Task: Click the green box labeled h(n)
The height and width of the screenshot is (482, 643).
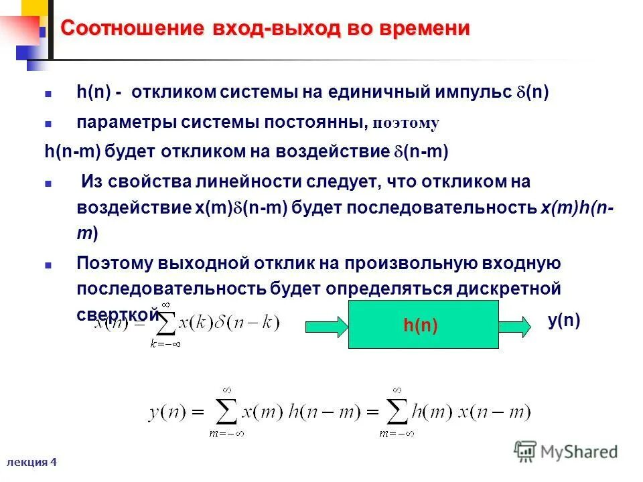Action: [x=423, y=325]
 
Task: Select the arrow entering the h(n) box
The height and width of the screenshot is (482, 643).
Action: [x=326, y=326]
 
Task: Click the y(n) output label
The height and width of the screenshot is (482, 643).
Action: [x=563, y=321]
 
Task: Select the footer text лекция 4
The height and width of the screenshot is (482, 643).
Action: [x=31, y=462]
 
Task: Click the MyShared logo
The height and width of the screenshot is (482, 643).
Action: [x=566, y=451]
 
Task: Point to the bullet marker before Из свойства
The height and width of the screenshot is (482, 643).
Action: [x=48, y=182]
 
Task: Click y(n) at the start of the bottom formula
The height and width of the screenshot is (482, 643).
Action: [x=163, y=412]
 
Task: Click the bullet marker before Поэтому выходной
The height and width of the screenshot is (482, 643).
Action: [x=48, y=264]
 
